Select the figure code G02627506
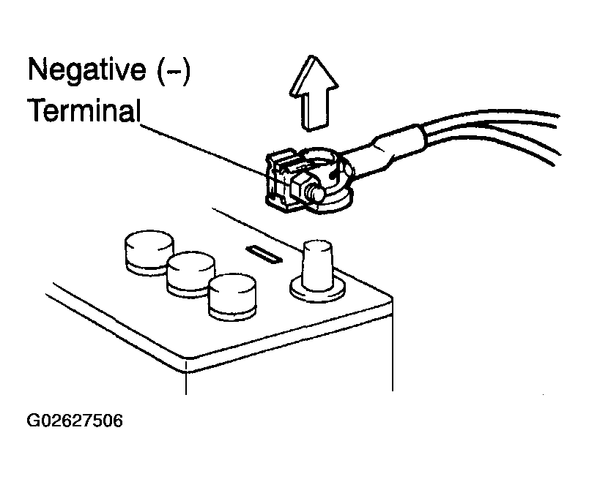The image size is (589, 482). click(75, 422)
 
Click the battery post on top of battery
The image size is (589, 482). click(316, 264)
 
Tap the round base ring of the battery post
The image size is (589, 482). click(316, 290)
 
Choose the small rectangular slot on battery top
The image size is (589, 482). click(263, 255)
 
